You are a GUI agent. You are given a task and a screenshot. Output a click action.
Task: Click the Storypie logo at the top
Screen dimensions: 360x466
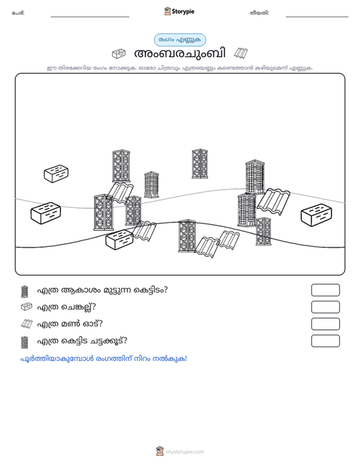tap(179, 11)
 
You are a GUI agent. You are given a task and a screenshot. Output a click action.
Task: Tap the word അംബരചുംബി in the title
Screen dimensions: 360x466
tap(180, 53)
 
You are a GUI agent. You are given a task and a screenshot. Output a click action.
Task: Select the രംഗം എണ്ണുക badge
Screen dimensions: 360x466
tap(180, 40)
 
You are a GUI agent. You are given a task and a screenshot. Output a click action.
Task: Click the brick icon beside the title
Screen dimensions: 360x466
tap(118, 53)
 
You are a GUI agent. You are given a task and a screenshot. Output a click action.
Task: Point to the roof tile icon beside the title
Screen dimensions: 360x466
tap(241, 53)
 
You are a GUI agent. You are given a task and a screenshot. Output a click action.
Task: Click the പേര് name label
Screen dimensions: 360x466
tap(18, 13)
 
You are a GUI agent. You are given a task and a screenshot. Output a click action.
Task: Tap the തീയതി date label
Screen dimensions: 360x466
tap(260, 13)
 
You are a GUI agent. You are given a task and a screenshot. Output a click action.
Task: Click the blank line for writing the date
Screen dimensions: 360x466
tap(317, 17)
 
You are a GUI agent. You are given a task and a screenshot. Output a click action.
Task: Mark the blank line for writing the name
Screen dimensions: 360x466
tap(90, 17)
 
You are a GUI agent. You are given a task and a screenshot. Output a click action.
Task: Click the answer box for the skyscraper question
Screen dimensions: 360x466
tap(326, 290)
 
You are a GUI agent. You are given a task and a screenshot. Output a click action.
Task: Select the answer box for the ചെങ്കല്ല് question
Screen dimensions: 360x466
tap(326, 307)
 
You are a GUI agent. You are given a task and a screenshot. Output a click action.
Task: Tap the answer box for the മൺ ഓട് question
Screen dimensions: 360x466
tap(326, 324)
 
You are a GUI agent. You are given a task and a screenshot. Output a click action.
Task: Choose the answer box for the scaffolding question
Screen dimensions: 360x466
tap(326, 341)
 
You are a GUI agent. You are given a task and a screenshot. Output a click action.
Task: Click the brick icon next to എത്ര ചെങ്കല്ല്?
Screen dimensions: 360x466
tap(27, 307)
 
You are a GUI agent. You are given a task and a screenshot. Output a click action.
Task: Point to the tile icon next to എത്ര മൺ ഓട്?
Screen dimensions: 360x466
tap(27, 324)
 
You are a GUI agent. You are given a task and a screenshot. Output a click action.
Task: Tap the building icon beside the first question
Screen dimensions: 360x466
tap(25, 292)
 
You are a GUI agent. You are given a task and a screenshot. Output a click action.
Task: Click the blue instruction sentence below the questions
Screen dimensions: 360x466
tap(104, 359)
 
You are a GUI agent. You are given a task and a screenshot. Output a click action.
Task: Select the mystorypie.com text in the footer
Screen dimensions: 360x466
tap(185, 452)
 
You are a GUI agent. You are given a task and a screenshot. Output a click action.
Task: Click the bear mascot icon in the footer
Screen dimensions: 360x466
tap(160, 451)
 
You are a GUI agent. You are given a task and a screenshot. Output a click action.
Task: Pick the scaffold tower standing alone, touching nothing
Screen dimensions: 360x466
tap(200, 164)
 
